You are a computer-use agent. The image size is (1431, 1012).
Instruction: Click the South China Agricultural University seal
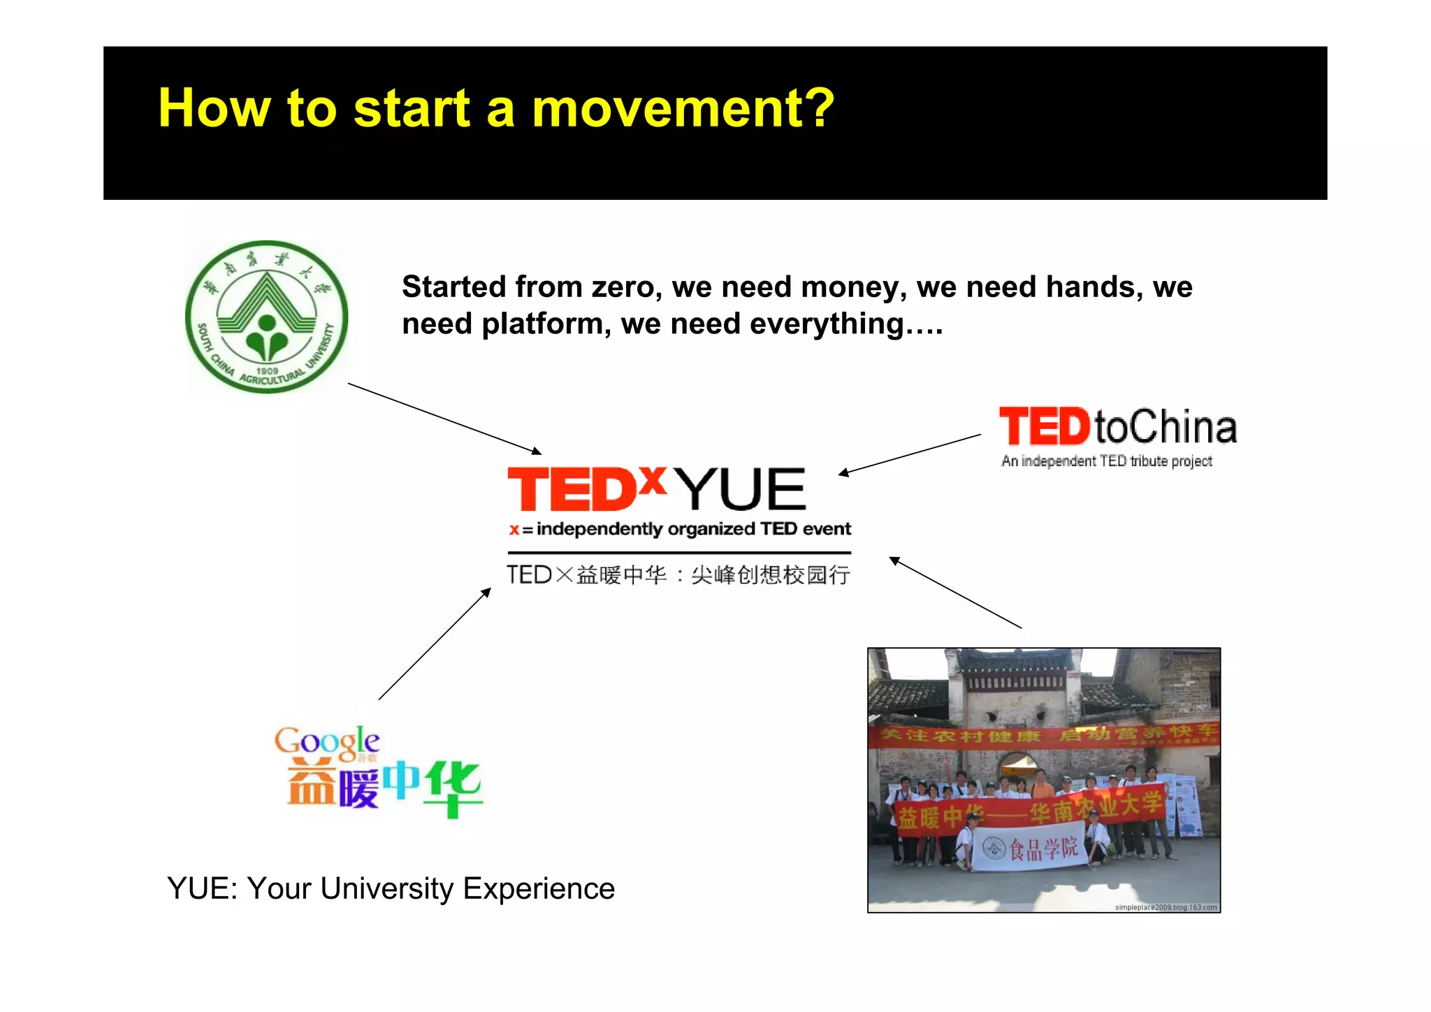[x=266, y=317]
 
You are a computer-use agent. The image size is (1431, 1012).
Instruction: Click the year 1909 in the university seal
[x=267, y=370]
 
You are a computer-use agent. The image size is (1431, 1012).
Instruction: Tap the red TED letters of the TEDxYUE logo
[x=571, y=490]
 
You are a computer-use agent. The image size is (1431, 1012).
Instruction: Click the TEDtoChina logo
[x=1117, y=427]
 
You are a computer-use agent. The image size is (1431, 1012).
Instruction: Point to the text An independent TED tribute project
[x=1106, y=461]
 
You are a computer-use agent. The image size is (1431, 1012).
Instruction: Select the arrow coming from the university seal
[x=444, y=419]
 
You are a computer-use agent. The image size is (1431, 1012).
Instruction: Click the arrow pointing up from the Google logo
[x=435, y=644]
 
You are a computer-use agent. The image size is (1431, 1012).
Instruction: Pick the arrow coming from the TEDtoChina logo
[x=909, y=454]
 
